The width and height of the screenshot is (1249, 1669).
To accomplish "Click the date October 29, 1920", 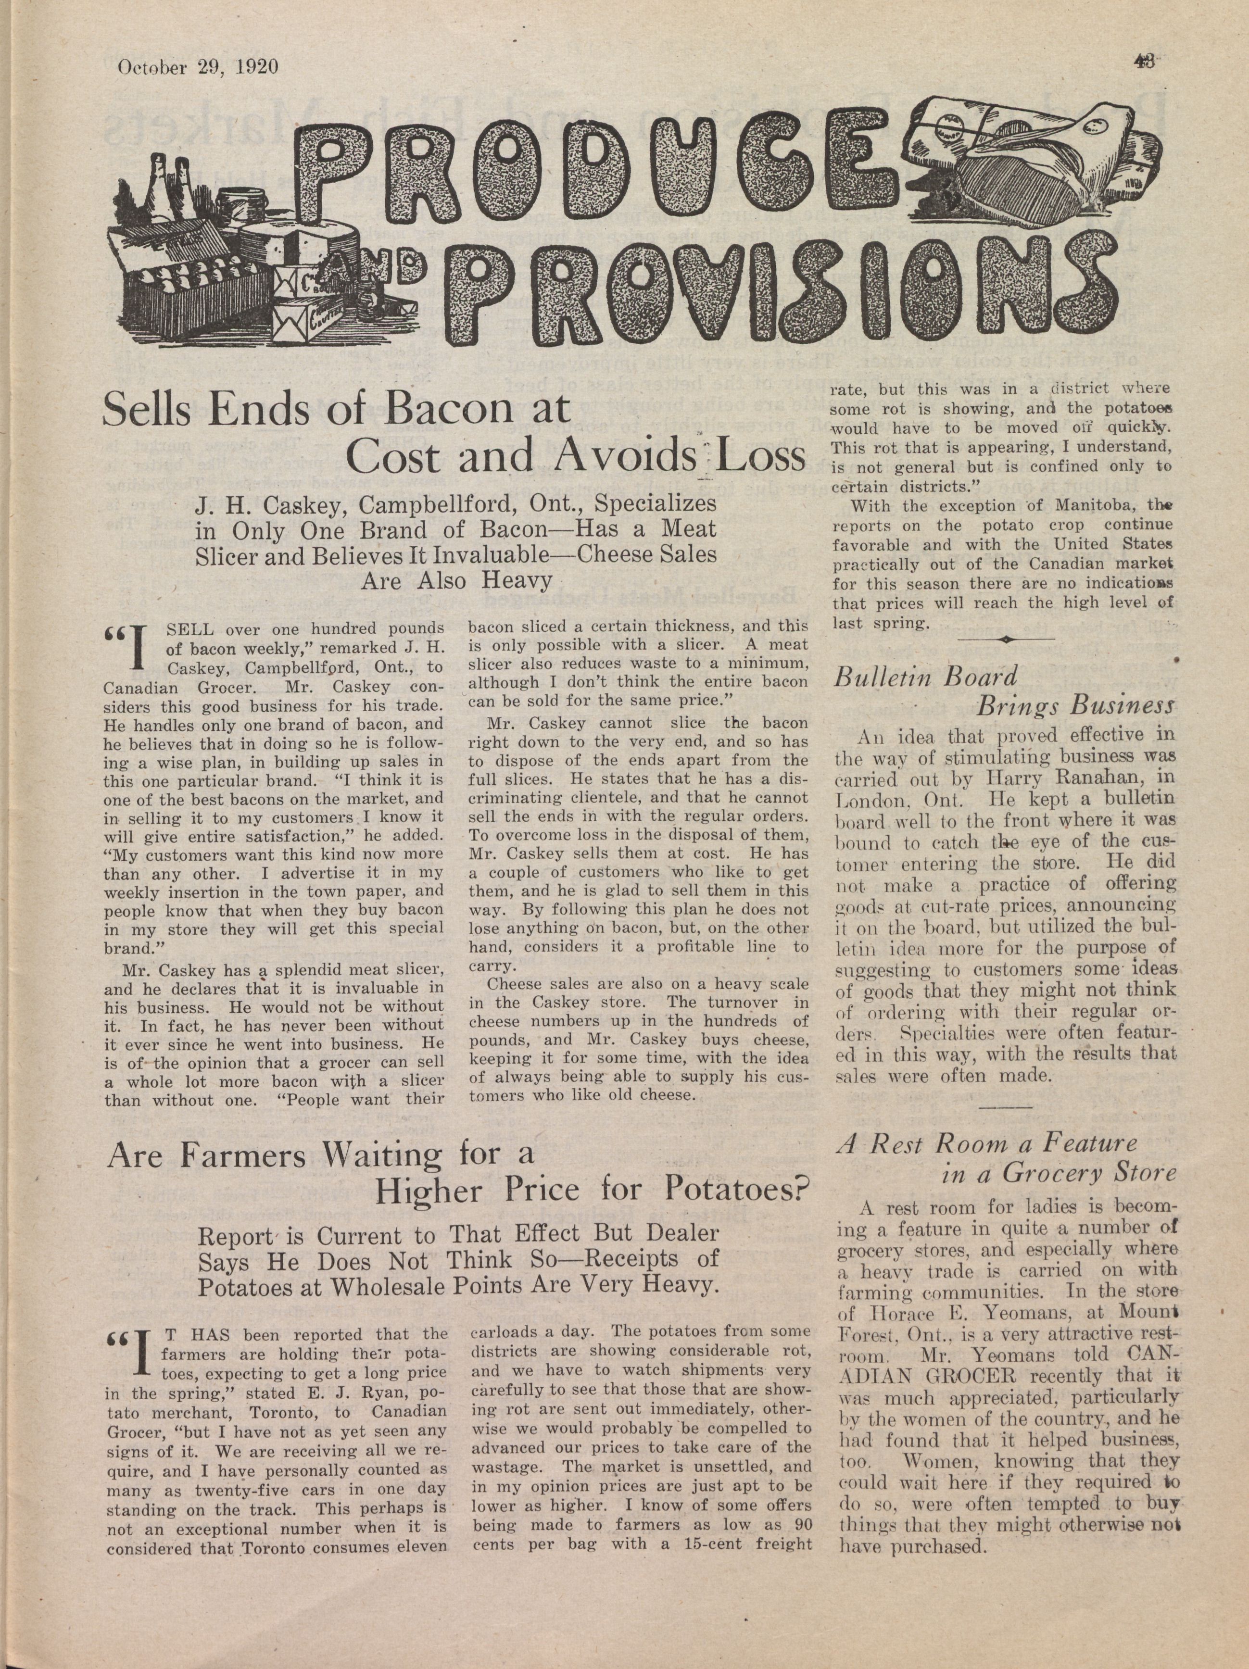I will (x=198, y=67).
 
